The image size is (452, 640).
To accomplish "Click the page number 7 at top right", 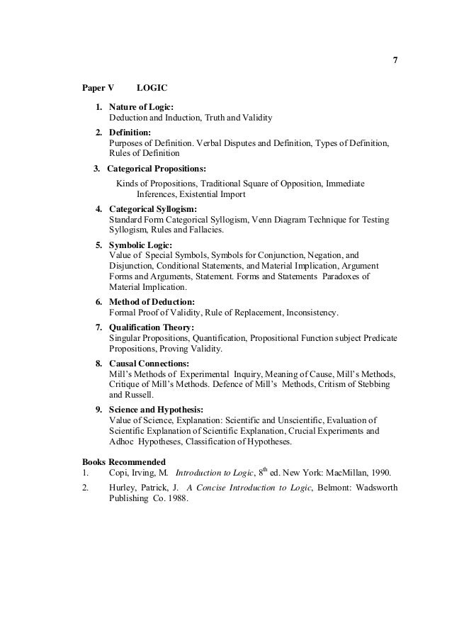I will click(395, 60).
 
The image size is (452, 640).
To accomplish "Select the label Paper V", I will click(97, 88).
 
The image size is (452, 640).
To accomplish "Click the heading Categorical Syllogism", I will click(152, 209).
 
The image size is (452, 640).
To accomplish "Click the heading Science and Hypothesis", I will click(156, 410).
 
